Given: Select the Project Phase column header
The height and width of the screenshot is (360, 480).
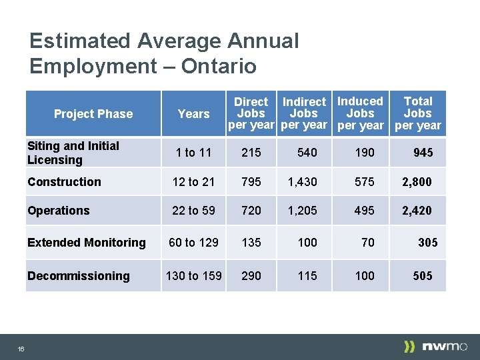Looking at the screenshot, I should (93, 114).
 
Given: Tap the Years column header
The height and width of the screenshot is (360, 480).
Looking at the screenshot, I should (194, 114).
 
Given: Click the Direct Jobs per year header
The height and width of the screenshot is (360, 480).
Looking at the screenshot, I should (251, 113).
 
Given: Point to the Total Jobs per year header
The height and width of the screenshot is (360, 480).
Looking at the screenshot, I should (418, 113).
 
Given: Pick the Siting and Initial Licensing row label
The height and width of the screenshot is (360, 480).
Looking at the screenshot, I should (73, 153).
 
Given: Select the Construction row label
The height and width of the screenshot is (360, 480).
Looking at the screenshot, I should (64, 182).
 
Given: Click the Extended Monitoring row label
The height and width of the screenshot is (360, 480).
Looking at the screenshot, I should (87, 243).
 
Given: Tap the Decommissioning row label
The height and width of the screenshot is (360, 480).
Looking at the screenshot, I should (79, 276).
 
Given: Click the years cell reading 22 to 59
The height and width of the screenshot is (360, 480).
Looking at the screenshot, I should (193, 211).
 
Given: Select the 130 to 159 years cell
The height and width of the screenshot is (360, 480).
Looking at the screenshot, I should (194, 276).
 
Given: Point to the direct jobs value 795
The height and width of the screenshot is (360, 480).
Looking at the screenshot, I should (251, 182).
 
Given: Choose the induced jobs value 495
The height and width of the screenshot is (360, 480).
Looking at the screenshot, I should (365, 211).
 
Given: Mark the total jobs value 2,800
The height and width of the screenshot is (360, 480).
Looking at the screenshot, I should (417, 182).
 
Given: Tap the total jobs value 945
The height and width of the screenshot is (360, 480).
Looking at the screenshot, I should (423, 153).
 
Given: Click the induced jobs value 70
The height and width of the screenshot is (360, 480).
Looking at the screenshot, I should (367, 243).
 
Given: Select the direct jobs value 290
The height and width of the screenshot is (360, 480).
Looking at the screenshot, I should (251, 276).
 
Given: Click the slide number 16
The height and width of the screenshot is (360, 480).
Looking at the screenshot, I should (21, 349).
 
